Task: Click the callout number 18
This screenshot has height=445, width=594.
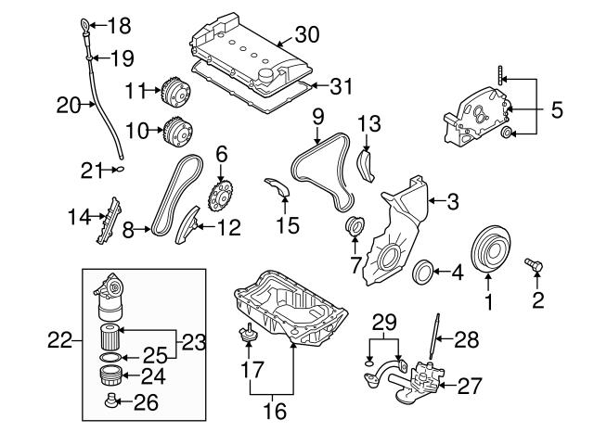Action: (x=121, y=24)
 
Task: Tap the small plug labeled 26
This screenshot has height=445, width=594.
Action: (x=110, y=402)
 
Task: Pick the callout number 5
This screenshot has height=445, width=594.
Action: (x=556, y=110)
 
